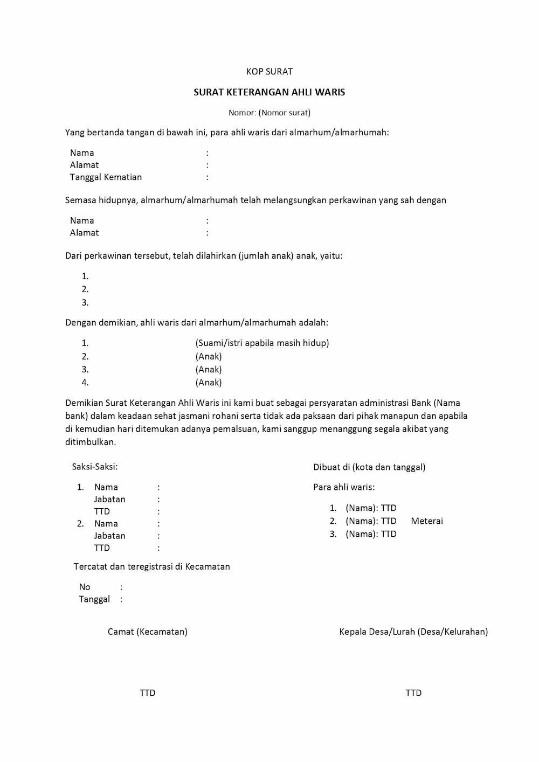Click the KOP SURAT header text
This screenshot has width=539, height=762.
269,71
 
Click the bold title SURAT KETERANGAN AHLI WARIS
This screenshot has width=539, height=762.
269,92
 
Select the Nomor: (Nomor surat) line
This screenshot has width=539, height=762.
269,113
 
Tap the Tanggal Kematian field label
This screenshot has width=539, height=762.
106,177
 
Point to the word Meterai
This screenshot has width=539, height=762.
427,521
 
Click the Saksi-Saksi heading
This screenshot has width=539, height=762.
95,467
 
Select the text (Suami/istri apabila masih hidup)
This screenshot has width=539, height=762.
262,343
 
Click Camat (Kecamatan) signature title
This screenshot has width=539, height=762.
148,631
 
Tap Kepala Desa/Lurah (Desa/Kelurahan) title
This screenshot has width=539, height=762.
413,631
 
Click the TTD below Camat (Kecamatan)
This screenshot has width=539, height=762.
148,693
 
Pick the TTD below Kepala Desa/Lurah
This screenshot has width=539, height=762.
413,693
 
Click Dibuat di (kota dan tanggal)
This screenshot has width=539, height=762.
369,467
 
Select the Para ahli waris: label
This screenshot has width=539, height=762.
344,487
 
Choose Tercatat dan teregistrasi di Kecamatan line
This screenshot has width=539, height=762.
152,566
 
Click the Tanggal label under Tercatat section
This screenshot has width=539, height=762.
94,599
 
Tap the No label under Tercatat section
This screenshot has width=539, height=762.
85,587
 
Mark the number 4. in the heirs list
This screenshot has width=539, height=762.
85,383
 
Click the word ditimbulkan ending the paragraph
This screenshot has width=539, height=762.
90,442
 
